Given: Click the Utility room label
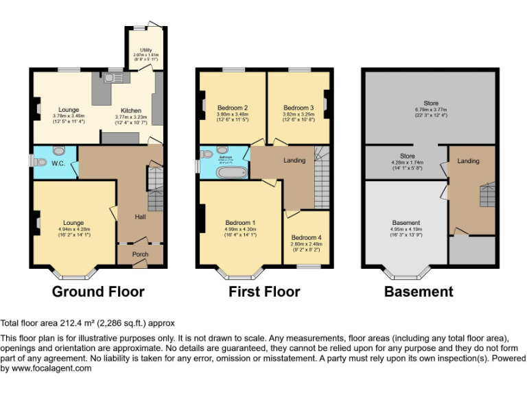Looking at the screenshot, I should (145, 50).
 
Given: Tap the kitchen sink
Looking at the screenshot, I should (110, 79).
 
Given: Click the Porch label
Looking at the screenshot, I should (141, 254).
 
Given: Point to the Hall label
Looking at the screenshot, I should (140, 217).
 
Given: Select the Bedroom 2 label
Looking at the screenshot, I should (233, 108).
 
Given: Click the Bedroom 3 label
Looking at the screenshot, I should (298, 108).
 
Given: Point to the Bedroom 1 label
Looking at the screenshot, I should (241, 223).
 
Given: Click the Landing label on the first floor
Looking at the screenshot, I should (294, 160).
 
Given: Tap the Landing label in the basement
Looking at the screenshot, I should (469, 161).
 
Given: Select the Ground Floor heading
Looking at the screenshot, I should (99, 291).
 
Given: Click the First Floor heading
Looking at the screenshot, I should (264, 291).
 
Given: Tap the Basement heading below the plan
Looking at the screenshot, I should (419, 291).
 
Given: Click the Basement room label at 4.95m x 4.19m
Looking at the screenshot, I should (406, 223).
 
